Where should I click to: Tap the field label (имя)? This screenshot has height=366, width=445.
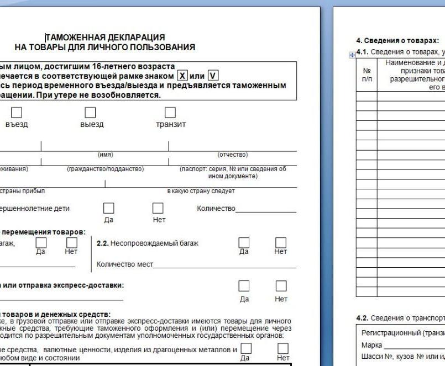[x=105, y=155]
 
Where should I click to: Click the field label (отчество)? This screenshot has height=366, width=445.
[x=233, y=155]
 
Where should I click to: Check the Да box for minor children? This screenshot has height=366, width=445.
[x=109, y=208]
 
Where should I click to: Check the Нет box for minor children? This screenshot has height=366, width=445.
[x=159, y=208]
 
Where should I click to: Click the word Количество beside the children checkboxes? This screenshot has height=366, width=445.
[x=216, y=209]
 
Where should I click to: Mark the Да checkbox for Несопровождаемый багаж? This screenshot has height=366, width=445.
[x=244, y=242]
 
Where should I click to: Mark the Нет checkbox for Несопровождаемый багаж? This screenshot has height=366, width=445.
[x=281, y=242]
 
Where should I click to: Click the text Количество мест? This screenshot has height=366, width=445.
[x=124, y=264]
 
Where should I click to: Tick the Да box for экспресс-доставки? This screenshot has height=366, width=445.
[x=244, y=286]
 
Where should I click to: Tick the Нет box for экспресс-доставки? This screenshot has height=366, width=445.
[x=281, y=286]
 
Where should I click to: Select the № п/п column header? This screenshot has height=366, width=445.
[x=366, y=75]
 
